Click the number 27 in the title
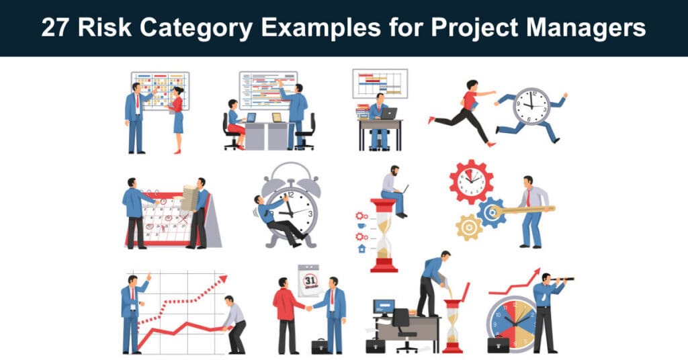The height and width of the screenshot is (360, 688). coord(55,28)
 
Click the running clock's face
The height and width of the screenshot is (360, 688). coord(531,107)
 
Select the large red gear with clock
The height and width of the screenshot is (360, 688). coord(471,181)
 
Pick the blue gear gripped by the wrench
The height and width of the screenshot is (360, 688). coord(491,213)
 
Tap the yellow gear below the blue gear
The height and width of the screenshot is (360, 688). coord(469,227)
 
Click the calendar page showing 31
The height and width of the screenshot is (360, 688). coord(309,280)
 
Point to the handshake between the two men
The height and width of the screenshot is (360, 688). coord(309,308)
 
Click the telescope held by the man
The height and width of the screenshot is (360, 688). coord(562,279)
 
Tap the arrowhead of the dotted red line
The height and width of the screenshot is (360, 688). coord(223,279)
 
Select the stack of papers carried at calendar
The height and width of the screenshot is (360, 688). coord(189,197)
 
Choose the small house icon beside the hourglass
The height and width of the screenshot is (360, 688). coord(362,249)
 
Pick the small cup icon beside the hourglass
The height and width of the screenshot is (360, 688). coord(361,226)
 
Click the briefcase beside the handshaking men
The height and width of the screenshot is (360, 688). coord(319,347)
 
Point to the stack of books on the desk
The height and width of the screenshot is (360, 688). coord(362,111)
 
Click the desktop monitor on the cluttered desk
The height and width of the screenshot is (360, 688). coord(384,308)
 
